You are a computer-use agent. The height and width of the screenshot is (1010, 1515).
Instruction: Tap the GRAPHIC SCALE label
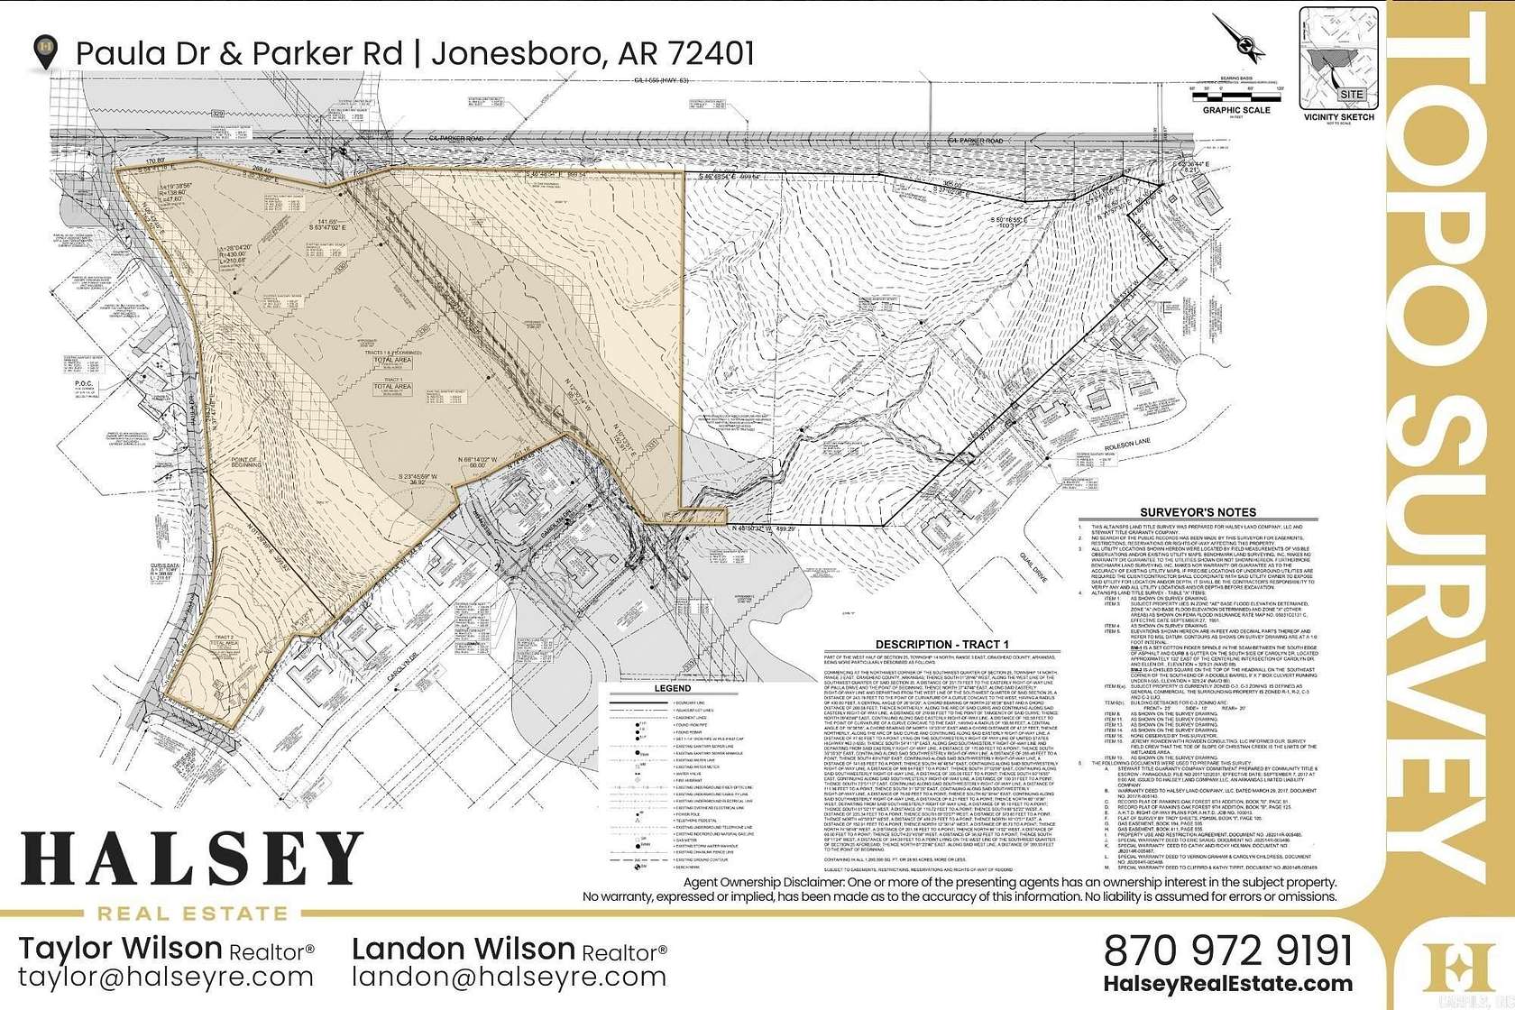[x=1235, y=110]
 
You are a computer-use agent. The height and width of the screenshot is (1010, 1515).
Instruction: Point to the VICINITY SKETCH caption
[x=1338, y=117]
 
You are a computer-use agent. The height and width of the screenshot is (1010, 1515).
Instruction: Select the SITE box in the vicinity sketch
[x=1351, y=95]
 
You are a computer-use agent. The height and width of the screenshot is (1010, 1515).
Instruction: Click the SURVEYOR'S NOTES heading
[x=1198, y=512]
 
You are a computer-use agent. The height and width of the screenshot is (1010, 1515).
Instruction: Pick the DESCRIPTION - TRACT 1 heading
[x=941, y=645]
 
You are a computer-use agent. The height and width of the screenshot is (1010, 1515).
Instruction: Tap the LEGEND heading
[x=671, y=688]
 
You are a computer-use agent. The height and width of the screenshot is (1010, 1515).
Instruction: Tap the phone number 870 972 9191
[x=1228, y=950]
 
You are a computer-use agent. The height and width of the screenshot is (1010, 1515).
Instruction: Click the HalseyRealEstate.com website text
[x=1227, y=985]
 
